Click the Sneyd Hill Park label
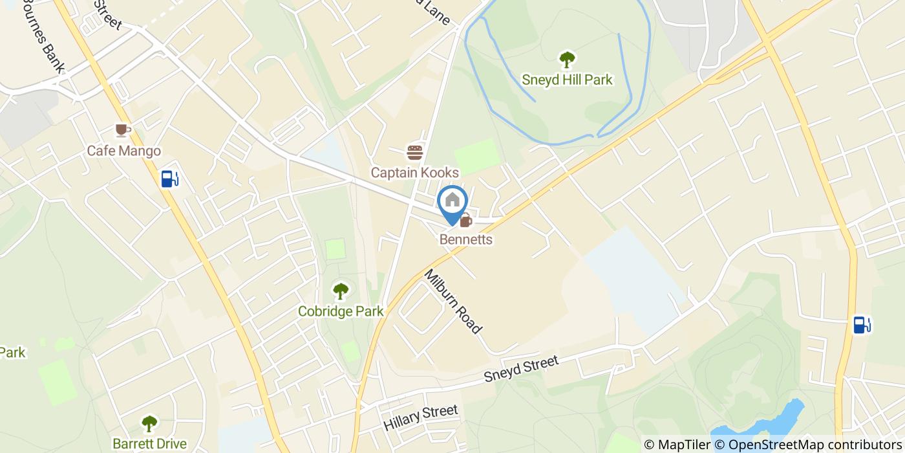(x=567, y=80)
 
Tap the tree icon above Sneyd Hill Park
(x=567, y=60)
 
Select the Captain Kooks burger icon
(x=414, y=153)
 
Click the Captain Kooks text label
(x=414, y=173)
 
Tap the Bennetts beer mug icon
(x=465, y=221)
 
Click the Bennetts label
(x=466, y=240)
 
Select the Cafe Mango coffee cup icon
(x=123, y=131)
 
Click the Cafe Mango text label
(x=124, y=151)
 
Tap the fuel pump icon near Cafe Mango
(x=169, y=179)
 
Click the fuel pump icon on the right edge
(x=862, y=324)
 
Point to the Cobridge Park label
(x=341, y=311)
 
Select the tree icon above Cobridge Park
(x=340, y=291)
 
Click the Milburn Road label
(x=453, y=301)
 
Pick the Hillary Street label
(x=420, y=418)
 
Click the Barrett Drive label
(x=149, y=444)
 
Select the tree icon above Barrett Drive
(x=149, y=424)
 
